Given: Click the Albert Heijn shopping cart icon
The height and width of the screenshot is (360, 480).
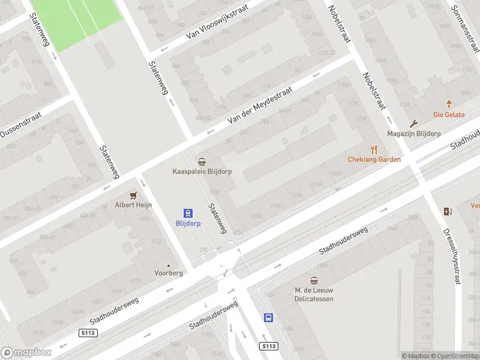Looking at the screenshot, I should coord(133,196).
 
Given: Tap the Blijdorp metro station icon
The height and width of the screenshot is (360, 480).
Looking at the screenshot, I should coord(188,213).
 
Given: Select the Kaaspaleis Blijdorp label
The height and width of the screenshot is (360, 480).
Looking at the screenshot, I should coord(202,171).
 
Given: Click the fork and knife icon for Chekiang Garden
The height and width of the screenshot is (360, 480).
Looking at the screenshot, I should coord(374,149).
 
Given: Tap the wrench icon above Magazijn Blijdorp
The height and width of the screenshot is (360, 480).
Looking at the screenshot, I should coord(413,124).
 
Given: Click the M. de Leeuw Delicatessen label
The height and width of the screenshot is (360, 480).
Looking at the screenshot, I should coord(314,294).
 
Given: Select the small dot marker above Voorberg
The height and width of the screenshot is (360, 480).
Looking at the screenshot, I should coord(169,265).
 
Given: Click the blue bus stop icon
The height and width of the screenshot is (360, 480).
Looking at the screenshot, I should coord(268,317).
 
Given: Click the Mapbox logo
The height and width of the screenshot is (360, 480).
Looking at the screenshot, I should coord(26,352).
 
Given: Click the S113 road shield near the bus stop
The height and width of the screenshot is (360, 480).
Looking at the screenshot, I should coord(269,346).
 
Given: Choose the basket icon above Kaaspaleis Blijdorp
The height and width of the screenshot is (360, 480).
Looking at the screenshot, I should coord(202,161).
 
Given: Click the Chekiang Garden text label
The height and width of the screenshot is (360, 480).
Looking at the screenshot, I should coord(374,159).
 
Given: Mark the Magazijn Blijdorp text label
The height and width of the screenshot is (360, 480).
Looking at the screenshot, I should coord(413,133).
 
